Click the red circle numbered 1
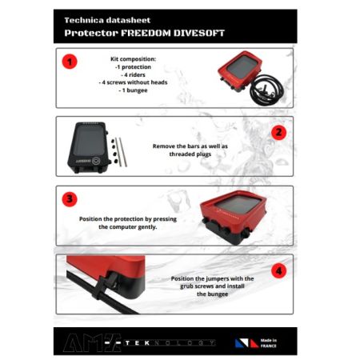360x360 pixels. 70,62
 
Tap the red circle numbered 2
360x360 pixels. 278,133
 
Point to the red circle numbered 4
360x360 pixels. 278,270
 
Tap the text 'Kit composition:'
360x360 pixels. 134,60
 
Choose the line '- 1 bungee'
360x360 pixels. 133,90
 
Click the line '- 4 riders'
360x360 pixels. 133,75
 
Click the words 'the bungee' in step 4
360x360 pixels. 213,294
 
